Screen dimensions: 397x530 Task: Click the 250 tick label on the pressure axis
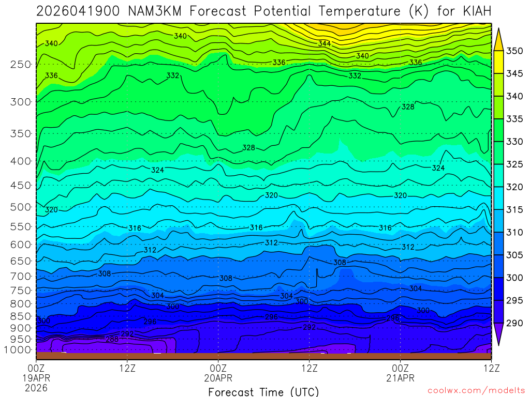click(x=20, y=65)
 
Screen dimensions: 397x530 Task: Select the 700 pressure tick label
click(x=20, y=276)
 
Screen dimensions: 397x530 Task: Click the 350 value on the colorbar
click(x=514, y=51)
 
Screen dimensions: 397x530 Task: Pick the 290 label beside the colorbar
click(x=514, y=323)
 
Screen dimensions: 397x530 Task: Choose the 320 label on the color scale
click(x=514, y=187)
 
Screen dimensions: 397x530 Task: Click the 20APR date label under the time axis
click(x=218, y=378)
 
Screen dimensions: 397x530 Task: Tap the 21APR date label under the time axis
click(x=401, y=378)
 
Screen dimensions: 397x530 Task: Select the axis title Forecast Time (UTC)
click(x=263, y=392)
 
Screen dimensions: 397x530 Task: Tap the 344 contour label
click(x=325, y=44)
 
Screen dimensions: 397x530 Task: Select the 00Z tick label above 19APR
click(x=36, y=368)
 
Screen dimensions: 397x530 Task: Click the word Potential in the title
click(x=281, y=11)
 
